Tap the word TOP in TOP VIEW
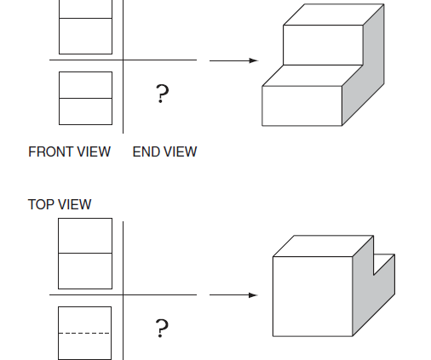40,204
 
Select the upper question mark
162,94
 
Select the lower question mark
162,329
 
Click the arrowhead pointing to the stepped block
253,60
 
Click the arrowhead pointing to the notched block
253,295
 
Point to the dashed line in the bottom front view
84,333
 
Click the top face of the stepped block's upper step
334,14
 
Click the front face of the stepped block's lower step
302,106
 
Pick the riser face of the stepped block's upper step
323,45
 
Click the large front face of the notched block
313,296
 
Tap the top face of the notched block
323,246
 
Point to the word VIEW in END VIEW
181,151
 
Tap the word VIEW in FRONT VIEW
94,151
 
